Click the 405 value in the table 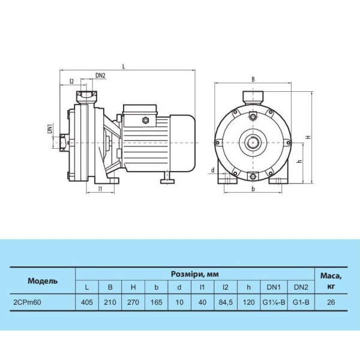[87, 302]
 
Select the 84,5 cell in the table [226, 302]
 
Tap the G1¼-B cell [274, 302]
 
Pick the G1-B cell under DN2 [301, 302]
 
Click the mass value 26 [331, 302]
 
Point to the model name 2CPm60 [28, 302]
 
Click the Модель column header [43, 281]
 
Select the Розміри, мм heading [194, 274]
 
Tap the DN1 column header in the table [274, 287]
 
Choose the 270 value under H [133, 302]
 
